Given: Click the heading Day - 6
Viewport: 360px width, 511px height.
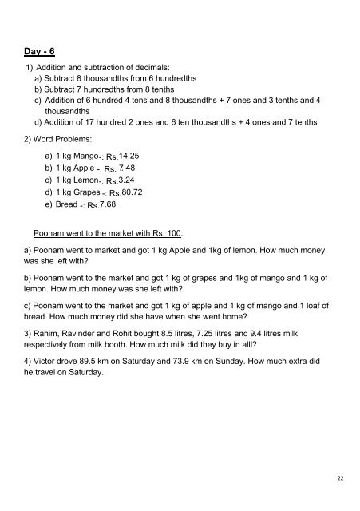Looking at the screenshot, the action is tap(38, 52).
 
